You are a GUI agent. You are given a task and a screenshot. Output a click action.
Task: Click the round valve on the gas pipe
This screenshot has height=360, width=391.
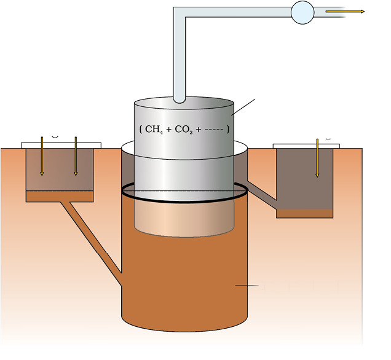pos(302,12)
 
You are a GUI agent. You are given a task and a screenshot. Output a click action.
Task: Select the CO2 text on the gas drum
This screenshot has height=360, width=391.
pos(184,130)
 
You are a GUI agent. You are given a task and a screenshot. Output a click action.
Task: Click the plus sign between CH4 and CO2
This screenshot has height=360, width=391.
pos(168,130)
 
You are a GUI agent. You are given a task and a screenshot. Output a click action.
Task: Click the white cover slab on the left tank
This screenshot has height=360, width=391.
pos(61,145)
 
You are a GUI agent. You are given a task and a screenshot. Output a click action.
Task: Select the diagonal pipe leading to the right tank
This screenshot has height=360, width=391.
pos(261,192)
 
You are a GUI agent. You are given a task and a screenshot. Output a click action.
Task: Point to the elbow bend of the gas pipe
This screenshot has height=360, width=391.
pos(180,15)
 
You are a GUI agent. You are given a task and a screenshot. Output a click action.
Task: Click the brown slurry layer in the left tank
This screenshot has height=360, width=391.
pos(60,196)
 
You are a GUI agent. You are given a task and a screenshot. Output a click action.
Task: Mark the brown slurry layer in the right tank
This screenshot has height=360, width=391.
pos(304,213)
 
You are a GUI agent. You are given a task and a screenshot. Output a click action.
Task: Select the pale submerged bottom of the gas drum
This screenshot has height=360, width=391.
pos(184,218)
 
